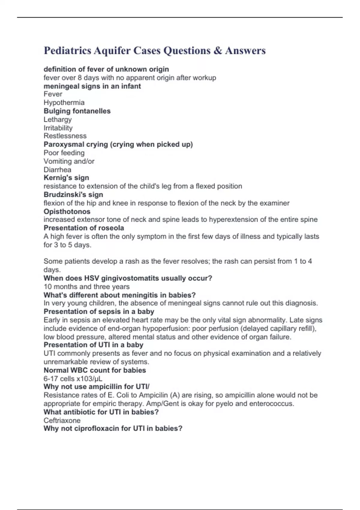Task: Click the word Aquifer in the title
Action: (x=112, y=51)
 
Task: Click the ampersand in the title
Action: (x=218, y=51)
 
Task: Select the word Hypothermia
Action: (x=64, y=103)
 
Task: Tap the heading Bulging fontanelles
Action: (x=77, y=111)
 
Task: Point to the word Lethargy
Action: (x=58, y=119)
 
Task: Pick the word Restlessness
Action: (x=65, y=136)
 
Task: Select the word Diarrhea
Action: (x=57, y=169)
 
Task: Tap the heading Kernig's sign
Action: (x=66, y=178)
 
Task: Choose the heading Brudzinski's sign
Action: (x=73, y=194)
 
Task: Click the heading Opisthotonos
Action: (x=67, y=211)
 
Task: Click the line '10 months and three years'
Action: (x=86, y=286)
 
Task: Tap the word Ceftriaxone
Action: (x=62, y=420)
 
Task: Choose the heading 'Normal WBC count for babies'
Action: (x=94, y=370)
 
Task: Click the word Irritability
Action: (x=58, y=128)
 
